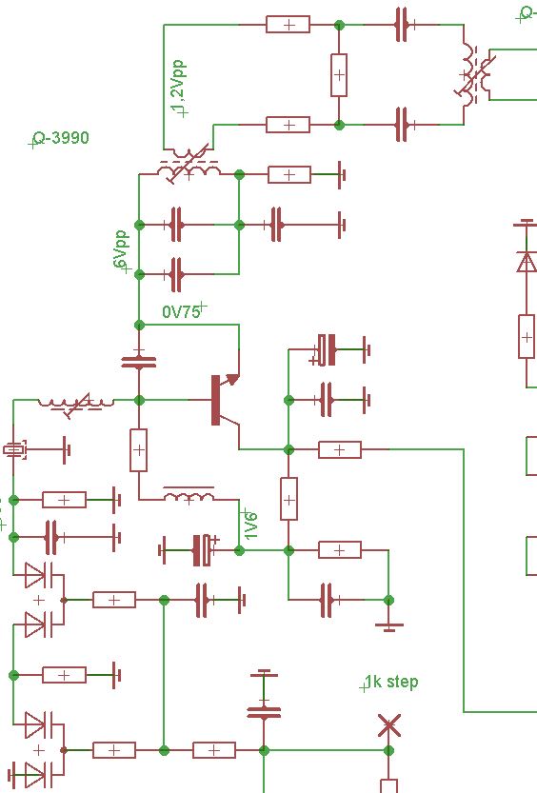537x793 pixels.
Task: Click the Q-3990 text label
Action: pyautogui.click(x=61, y=138)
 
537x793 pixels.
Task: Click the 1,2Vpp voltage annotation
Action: pyautogui.click(x=178, y=88)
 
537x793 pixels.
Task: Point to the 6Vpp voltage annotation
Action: pyautogui.click(x=120, y=250)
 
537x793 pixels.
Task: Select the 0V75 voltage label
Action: pyautogui.click(x=181, y=311)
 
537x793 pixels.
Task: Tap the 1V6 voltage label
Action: pyautogui.click(x=250, y=525)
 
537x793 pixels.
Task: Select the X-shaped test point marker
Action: pyautogui.click(x=389, y=725)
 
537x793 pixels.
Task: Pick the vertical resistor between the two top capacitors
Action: pyautogui.click(x=339, y=75)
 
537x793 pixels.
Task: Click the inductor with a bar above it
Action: pyautogui.click(x=189, y=495)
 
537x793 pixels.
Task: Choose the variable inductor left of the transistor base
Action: pyautogui.click(x=76, y=403)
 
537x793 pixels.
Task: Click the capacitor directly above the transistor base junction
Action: pyautogui.click(x=139, y=362)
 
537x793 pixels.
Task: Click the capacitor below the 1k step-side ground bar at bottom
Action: pyautogui.click(x=264, y=712)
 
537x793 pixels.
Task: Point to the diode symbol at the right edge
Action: pyautogui.click(x=527, y=262)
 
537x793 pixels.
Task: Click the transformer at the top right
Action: pyautogui.click(x=474, y=75)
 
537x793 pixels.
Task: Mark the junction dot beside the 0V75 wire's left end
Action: pyautogui.click(x=139, y=325)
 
